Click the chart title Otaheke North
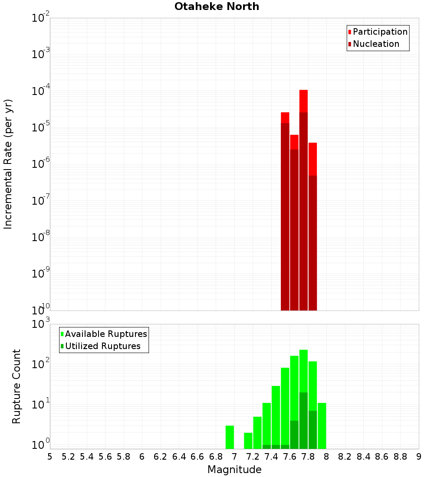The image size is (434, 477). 217,7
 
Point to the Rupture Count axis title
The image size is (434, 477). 16,386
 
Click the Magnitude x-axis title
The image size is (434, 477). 234,470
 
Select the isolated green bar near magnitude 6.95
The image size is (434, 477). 230,437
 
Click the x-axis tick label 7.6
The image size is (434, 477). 289,457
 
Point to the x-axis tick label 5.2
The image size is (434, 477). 68,457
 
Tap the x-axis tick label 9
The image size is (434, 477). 419,457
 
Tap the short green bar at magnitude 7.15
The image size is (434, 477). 248,441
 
